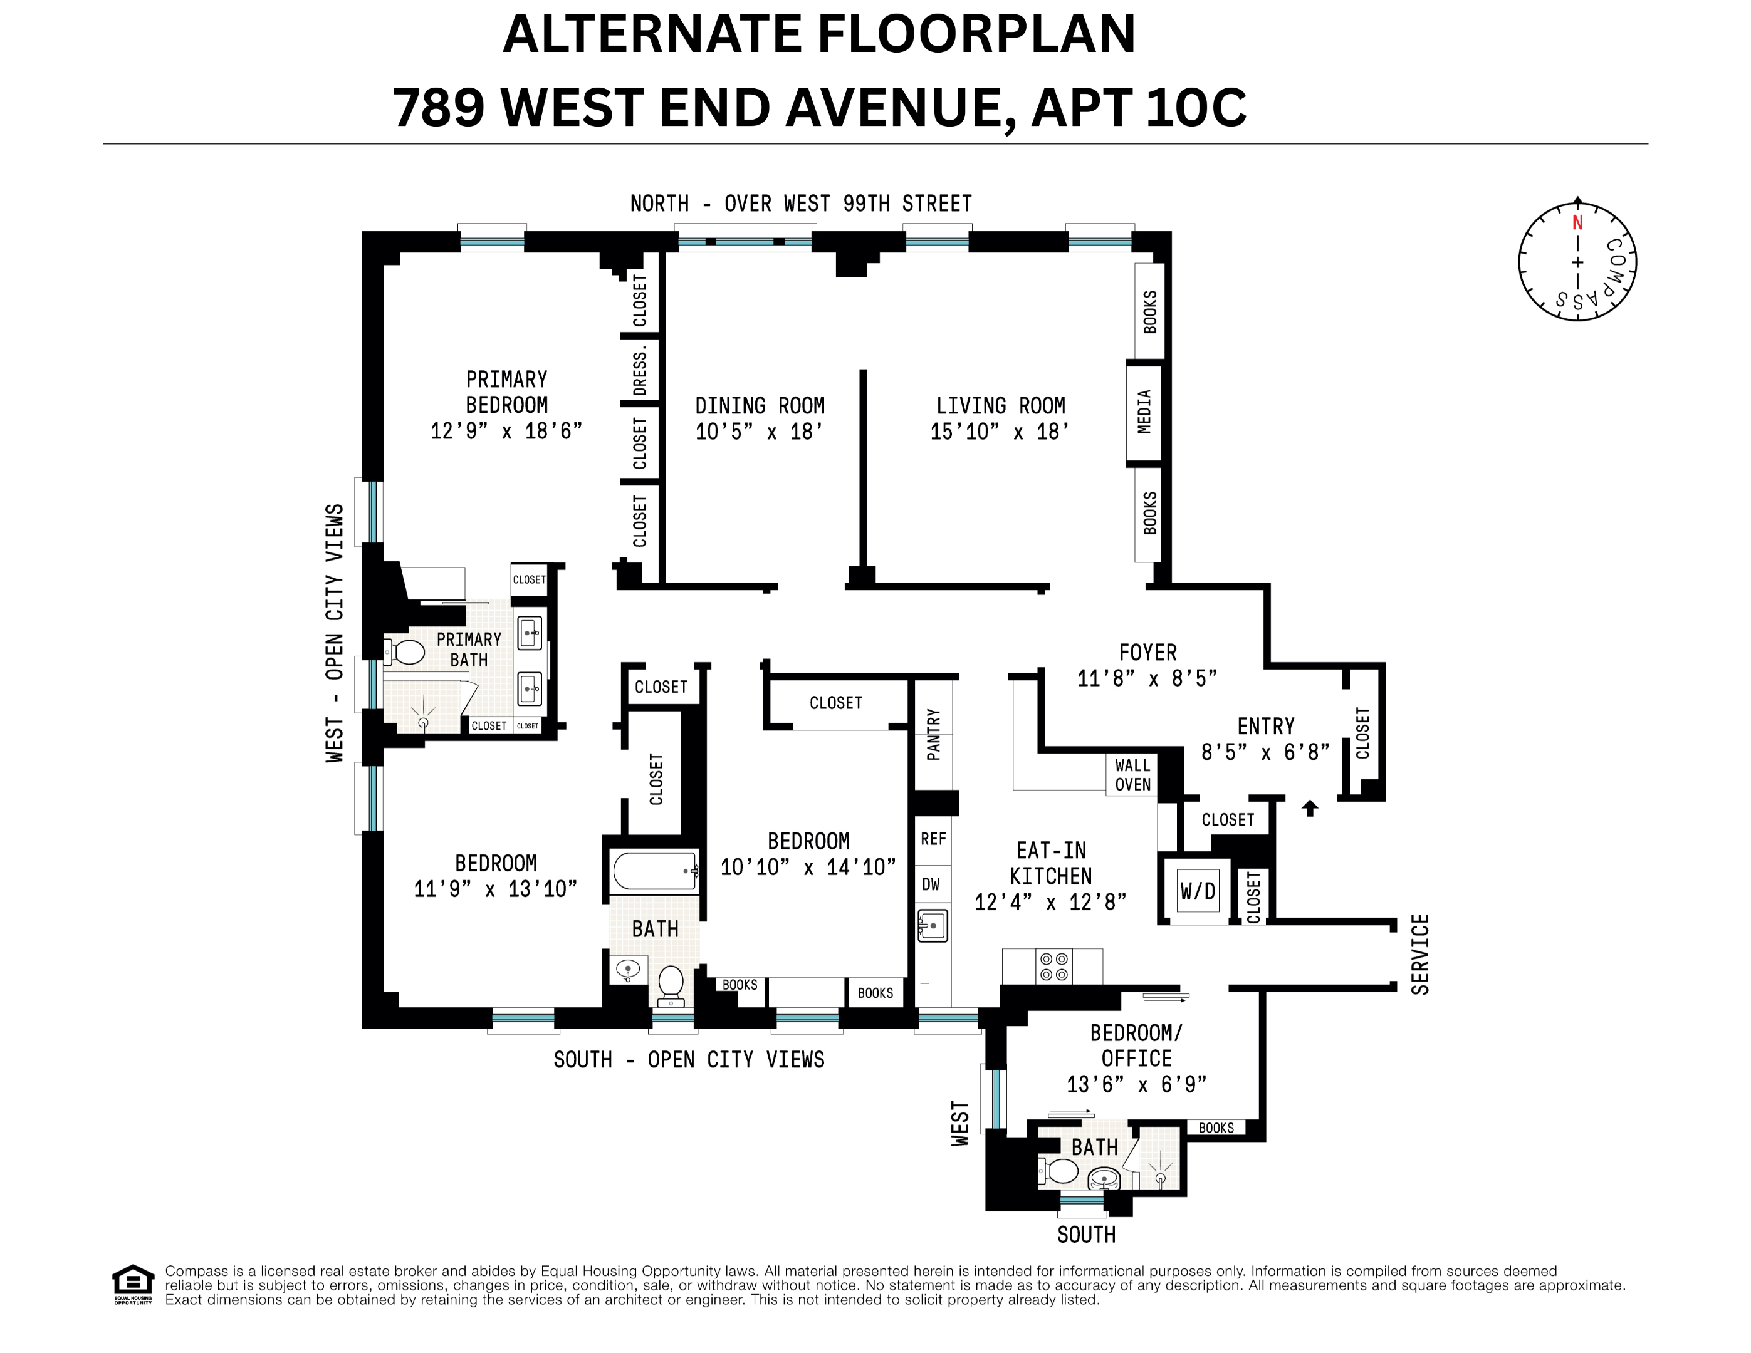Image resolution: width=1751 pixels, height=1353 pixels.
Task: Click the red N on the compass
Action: pos(1577,223)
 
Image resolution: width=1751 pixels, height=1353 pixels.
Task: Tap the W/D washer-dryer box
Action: pos(1197,891)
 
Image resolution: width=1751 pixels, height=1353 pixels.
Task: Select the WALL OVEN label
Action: pos(1132,774)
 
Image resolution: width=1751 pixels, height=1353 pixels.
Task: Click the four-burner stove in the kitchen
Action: pos(1053,966)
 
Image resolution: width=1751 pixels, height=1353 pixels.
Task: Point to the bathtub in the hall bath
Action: pos(654,871)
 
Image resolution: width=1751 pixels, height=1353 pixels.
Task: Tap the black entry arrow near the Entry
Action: pos(1310,808)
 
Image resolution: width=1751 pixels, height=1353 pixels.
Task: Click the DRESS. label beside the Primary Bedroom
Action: pos(640,370)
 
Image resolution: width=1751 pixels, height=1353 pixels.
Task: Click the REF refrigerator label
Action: pos(933,839)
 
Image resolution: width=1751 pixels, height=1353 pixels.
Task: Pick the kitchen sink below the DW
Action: pos(933,926)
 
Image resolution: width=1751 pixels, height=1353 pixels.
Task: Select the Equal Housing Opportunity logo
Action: pos(132,1284)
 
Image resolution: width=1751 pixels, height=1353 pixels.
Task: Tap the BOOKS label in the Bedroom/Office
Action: pos(1215,1127)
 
